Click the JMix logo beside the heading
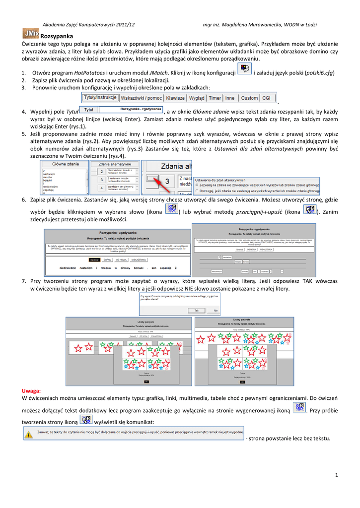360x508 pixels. tap(30, 33)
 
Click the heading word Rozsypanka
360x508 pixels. tap(56, 36)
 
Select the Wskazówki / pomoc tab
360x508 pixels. tap(141, 98)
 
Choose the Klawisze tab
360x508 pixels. tap(175, 98)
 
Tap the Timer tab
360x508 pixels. tap(215, 98)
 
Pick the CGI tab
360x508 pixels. tap(266, 98)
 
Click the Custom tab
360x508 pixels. tap(249, 98)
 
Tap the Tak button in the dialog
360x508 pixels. tap(197, 310)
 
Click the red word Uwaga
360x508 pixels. tap(31, 391)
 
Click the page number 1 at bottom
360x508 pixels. tap(336, 476)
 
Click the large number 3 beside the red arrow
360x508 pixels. tap(167, 181)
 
